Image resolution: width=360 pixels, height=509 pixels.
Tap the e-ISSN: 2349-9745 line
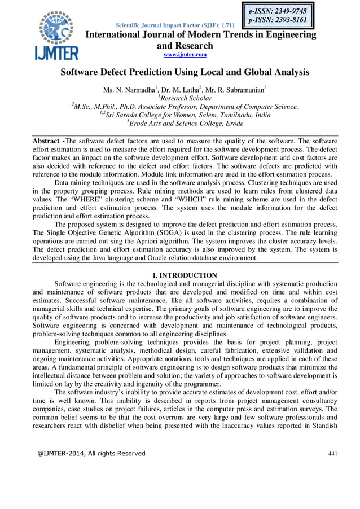(x=279, y=10)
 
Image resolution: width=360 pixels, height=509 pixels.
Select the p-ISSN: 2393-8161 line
(x=279, y=20)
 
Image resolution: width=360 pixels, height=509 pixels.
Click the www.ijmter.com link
(x=185, y=54)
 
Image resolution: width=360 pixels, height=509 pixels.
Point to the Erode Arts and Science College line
(x=185, y=124)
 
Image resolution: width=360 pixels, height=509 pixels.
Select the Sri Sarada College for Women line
(x=185, y=115)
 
